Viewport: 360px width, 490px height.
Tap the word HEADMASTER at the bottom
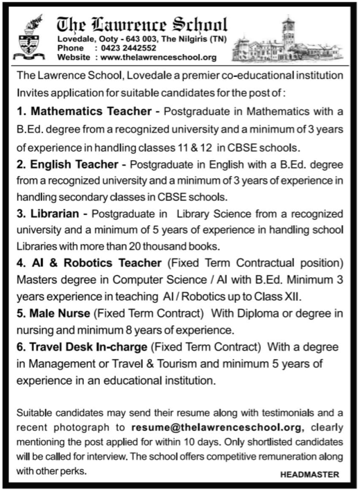pyautogui.click(x=310, y=475)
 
